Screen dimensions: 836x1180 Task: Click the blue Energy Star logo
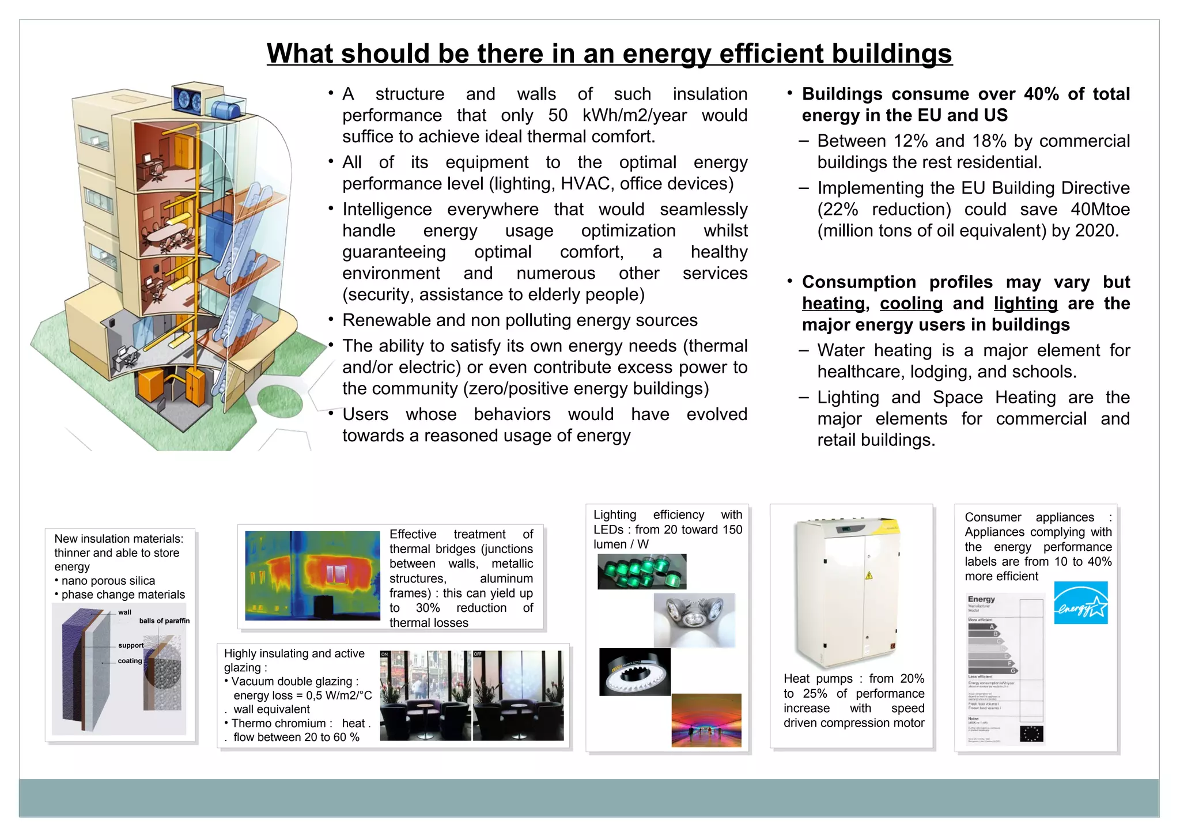1081,603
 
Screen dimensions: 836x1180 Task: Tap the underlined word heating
833,304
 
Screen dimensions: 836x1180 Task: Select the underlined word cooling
911,304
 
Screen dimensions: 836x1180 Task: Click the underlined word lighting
1026,304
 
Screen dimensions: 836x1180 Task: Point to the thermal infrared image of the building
312,575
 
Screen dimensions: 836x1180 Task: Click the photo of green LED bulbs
641,572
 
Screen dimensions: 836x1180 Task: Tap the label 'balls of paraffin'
164,621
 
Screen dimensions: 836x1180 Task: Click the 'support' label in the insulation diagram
131,646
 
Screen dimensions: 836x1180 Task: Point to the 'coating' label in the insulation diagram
130,661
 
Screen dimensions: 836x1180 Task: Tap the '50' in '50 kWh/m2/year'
557,115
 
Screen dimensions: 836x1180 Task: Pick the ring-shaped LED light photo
634,672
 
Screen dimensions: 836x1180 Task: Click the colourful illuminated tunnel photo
706,720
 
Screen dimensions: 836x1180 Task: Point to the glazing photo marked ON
425,696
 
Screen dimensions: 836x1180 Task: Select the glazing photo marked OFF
518,696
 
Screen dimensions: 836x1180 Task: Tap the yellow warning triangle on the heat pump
868,575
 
